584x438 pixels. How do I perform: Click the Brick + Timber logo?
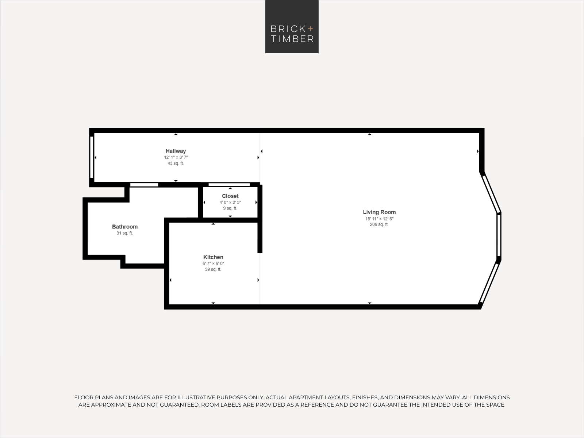pos(292,27)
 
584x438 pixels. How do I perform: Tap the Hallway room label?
pos(176,151)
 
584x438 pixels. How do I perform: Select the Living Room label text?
pos(379,212)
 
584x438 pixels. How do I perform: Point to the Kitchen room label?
pos(213,257)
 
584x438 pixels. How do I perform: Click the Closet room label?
pos(230,196)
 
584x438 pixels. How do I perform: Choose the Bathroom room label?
pos(125,227)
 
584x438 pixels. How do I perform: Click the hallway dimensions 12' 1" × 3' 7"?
pos(176,157)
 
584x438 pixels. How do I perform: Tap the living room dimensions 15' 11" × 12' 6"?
pos(379,219)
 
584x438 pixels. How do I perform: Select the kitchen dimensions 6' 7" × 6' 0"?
pos(213,264)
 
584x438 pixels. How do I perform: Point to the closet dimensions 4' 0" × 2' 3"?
pos(230,202)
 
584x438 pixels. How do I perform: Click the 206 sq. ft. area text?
pos(379,224)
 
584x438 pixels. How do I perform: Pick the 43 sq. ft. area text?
pos(176,163)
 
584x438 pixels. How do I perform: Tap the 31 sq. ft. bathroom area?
pos(124,233)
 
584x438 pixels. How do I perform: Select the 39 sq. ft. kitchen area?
pos(213,269)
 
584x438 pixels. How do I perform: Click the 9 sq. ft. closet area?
pos(230,208)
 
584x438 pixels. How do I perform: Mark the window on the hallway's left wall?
pos(92,157)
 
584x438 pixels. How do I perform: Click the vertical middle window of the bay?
pos(499,236)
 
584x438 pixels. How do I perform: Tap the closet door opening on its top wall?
pos(229,185)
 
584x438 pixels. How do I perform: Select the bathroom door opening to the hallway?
pos(144,185)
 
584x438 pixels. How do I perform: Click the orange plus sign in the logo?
pos(310,29)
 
